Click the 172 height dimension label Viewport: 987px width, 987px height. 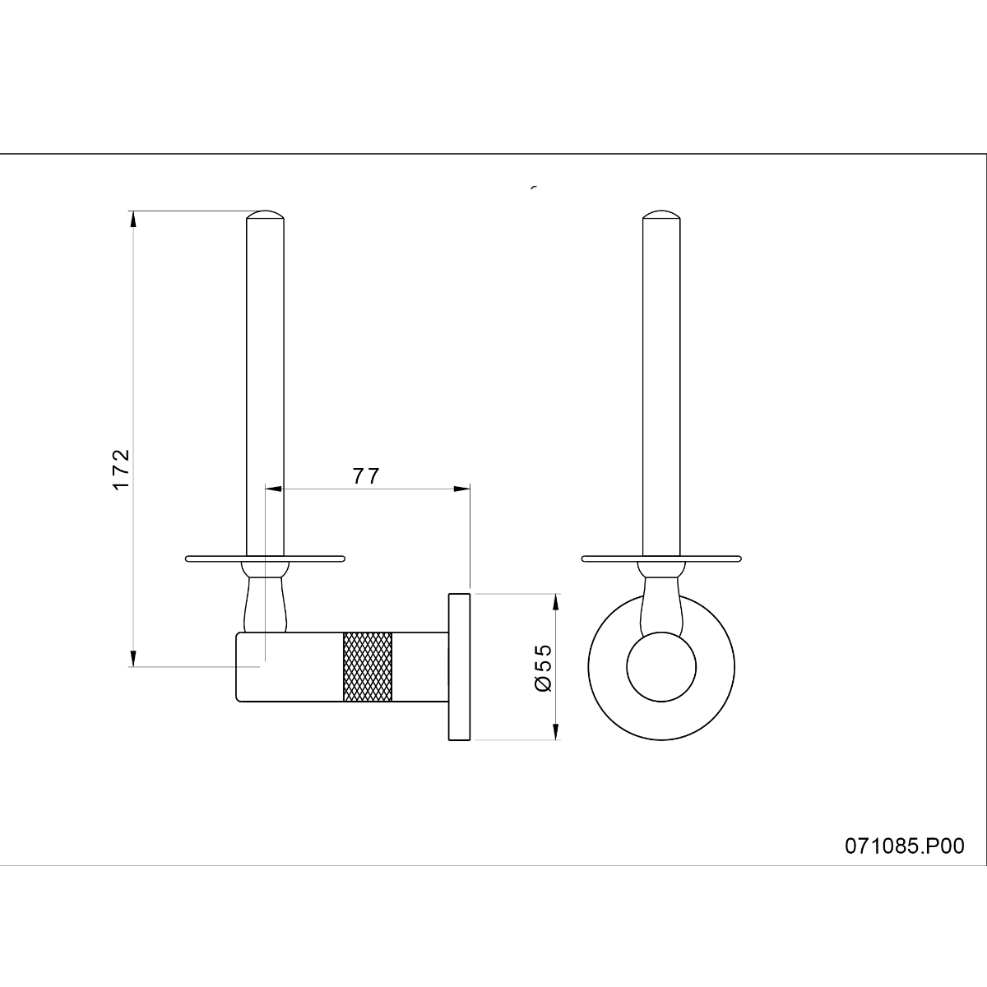pos(121,469)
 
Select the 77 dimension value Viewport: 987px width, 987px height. pos(366,476)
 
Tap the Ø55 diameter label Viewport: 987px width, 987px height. pos(543,668)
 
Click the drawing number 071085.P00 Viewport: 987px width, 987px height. pos(905,846)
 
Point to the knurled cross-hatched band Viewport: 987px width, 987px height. pos(367,667)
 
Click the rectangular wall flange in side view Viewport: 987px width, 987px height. pos(460,666)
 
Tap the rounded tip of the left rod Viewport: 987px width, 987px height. pos(265,214)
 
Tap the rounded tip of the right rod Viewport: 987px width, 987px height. pos(661,214)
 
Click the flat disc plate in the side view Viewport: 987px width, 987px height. pos(266,558)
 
